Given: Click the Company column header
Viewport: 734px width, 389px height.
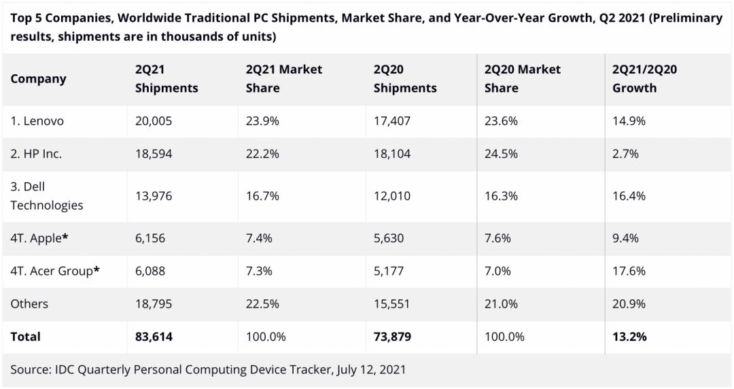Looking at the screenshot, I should click(38, 79).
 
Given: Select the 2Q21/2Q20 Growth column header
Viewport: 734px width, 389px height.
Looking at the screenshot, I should click(644, 79).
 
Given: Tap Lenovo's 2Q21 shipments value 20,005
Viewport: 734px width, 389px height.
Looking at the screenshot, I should click(154, 121).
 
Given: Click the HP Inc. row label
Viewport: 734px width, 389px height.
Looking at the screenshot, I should click(36, 154).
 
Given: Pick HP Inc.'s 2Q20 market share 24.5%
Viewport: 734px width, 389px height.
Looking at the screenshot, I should click(501, 154).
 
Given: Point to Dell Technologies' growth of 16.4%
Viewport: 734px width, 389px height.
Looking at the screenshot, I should click(629, 196).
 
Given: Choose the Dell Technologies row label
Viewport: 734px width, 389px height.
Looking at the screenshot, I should click(46, 196).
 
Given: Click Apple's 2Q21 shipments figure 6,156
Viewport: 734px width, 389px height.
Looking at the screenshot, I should click(150, 238).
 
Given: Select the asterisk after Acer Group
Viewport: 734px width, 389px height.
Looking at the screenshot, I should click(97, 271).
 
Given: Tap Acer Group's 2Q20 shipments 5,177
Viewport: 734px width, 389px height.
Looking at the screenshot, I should click(389, 271).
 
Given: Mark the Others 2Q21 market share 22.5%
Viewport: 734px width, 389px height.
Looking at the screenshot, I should click(262, 304).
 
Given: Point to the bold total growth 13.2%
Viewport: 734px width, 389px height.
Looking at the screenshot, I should click(629, 337).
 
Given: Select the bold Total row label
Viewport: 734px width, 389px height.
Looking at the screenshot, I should click(25, 337).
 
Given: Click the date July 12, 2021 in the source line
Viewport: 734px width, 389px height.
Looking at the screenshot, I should click(367, 370).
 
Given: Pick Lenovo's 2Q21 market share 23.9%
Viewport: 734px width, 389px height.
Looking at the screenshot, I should click(262, 121).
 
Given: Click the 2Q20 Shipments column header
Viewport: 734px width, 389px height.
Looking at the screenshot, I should click(405, 79).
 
